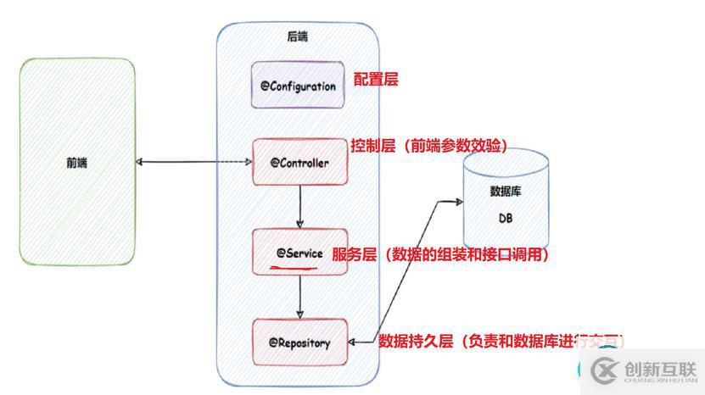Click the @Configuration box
click(x=298, y=85)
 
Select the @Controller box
click(x=299, y=161)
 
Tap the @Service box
click(x=299, y=252)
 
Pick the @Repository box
click(x=299, y=342)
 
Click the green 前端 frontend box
click(x=76, y=162)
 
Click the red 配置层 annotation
click(x=376, y=81)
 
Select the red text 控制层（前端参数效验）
click(x=429, y=146)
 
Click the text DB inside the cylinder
click(x=505, y=219)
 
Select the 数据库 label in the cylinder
click(x=505, y=192)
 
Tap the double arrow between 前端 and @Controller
click(x=195, y=162)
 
